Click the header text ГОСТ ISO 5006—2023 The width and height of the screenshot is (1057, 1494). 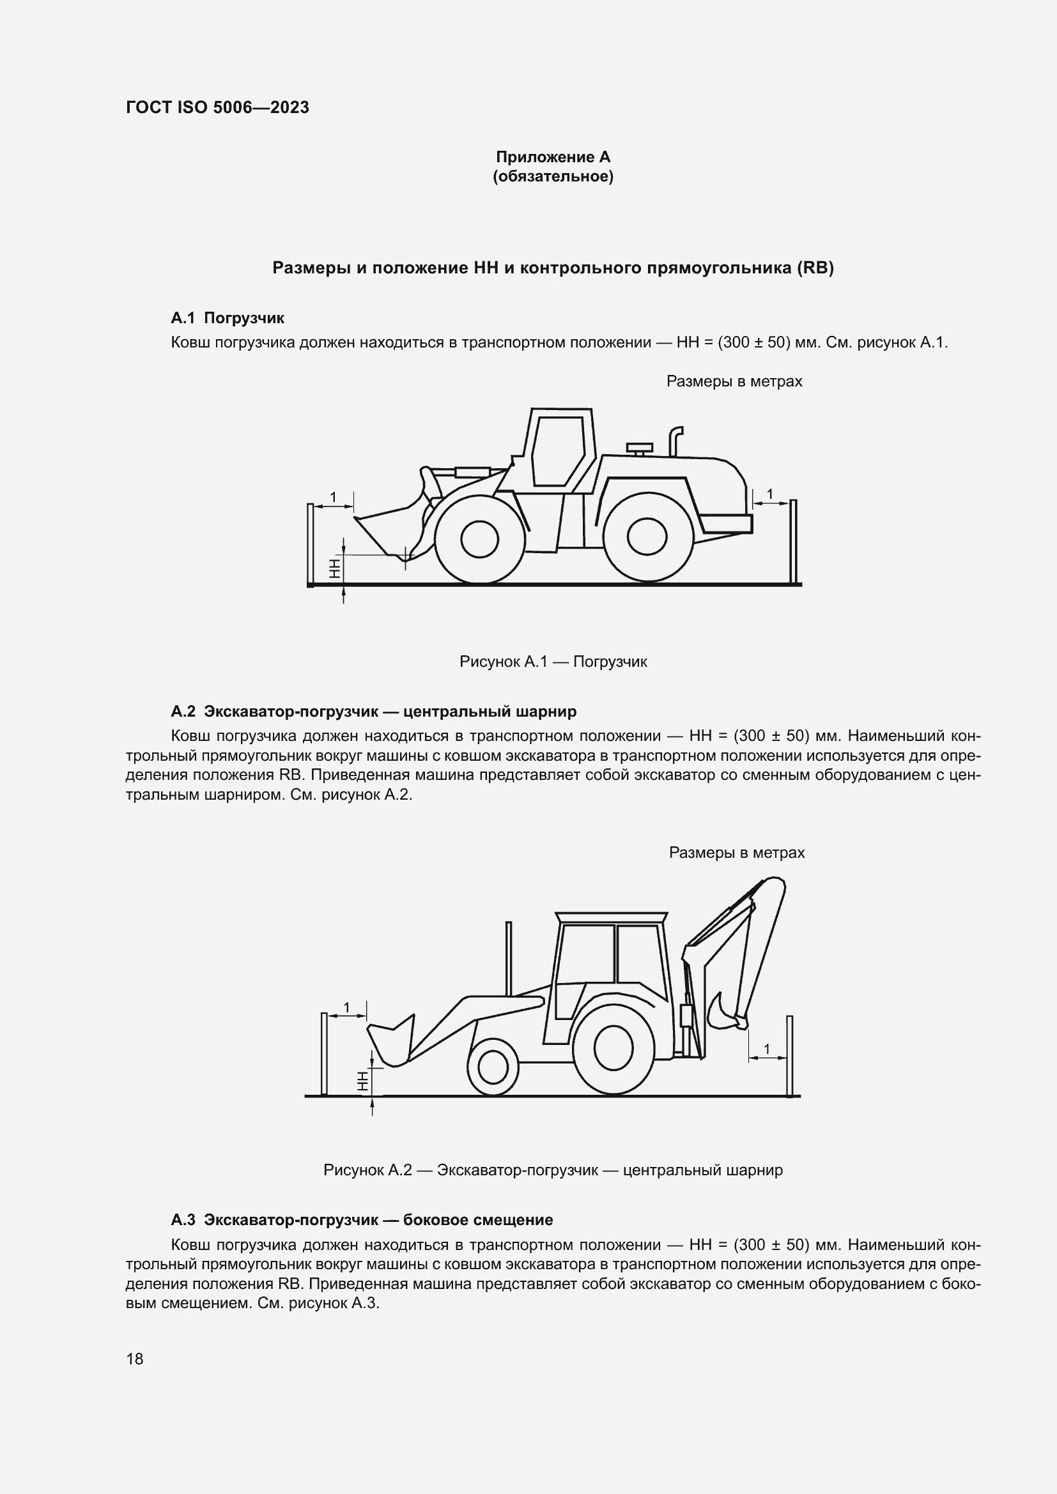pos(217,107)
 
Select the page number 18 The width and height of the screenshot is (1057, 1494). pos(135,1359)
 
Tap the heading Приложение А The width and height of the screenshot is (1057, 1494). pos(553,157)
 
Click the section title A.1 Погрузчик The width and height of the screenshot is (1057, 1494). pos(227,318)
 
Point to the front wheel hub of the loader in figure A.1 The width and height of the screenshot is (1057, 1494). pos(480,539)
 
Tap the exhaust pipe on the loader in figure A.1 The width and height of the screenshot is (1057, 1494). pos(675,441)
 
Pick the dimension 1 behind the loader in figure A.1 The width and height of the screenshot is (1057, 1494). pos(770,494)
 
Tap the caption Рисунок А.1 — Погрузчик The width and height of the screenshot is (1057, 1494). pos(553,662)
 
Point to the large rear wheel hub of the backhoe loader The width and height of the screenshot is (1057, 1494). pos(613,1051)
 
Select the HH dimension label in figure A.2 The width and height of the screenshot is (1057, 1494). pos(362,1081)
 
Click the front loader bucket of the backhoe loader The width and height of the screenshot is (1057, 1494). pos(391,1044)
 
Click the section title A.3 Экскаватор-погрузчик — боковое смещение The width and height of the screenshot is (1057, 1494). pos(361,1220)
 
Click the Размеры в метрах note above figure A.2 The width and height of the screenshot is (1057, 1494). pos(736,853)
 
